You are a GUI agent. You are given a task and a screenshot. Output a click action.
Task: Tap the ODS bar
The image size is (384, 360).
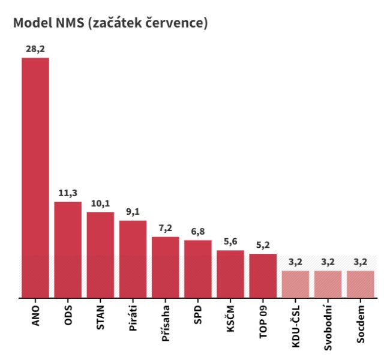pyautogui.click(x=68, y=249)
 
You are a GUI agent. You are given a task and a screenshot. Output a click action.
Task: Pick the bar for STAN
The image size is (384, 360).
pyautogui.click(x=100, y=254)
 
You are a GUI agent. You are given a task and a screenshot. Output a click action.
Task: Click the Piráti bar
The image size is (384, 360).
pyautogui.click(x=133, y=259)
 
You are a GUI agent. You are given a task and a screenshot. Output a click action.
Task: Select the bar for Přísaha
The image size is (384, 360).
pyautogui.click(x=165, y=267)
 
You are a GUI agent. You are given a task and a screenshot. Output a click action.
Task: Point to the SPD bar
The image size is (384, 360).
pyautogui.click(x=197, y=269)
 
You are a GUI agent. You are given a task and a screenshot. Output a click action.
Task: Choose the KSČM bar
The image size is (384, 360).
pyautogui.click(x=230, y=274)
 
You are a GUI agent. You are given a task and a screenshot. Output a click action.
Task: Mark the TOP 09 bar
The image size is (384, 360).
pyautogui.click(x=263, y=275)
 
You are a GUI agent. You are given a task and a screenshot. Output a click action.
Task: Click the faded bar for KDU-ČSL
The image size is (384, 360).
pyautogui.click(x=295, y=284)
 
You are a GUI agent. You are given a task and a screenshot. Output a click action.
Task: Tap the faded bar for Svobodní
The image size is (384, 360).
pyautogui.click(x=328, y=284)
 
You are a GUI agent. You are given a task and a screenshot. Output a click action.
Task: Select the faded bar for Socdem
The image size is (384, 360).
pyautogui.click(x=360, y=284)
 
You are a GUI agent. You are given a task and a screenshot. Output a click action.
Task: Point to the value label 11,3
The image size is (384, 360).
pyautogui.click(x=68, y=193)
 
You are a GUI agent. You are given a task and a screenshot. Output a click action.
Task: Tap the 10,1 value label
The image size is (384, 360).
pyautogui.click(x=100, y=203)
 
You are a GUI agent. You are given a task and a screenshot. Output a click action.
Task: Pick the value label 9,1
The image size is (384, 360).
pyautogui.click(x=133, y=212)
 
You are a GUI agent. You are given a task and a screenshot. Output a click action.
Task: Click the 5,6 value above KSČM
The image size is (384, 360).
pyautogui.click(x=230, y=242)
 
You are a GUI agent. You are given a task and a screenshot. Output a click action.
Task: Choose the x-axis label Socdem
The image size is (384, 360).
pyautogui.click(x=360, y=324)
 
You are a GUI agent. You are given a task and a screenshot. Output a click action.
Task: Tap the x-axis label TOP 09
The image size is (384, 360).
pyautogui.click(x=263, y=322)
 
